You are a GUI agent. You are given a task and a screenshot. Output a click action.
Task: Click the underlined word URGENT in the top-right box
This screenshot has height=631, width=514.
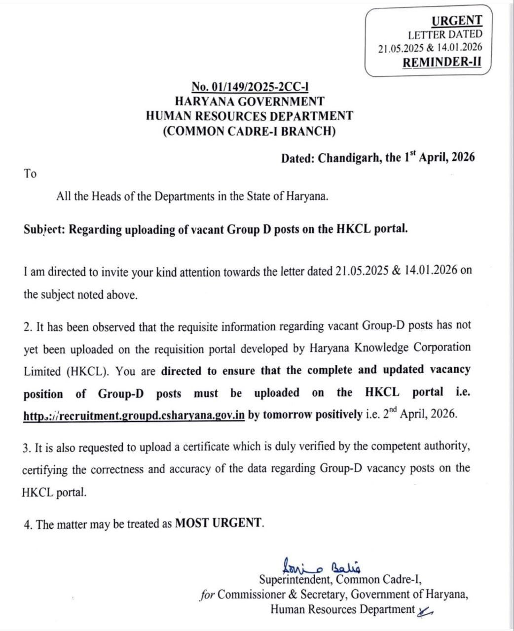[x=456, y=21]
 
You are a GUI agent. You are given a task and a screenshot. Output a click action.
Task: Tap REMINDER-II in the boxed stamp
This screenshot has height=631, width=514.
[x=441, y=63]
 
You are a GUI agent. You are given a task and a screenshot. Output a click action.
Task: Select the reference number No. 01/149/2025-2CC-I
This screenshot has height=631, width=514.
[x=250, y=87]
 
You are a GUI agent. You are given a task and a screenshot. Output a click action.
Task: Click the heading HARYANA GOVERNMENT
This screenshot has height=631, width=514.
[x=250, y=102]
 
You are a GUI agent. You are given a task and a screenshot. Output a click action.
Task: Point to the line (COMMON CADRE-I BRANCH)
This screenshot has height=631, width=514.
[x=250, y=131]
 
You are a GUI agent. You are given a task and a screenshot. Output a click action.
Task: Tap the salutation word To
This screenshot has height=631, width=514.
[x=30, y=174]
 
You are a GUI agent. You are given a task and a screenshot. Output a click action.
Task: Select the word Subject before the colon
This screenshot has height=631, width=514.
[x=41, y=230]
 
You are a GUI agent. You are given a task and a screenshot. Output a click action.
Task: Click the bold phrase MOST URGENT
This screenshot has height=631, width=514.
[x=219, y=523]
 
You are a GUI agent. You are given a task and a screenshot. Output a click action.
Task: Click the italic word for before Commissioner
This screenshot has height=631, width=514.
[x=207, y=595]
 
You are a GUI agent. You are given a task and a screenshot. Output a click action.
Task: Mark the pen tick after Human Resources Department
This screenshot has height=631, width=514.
[x=425, y=611]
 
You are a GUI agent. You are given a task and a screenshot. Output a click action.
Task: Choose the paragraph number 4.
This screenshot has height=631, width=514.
[x=28, y=524]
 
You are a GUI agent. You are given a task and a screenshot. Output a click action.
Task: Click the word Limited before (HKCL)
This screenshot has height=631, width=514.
[x=42, y=371]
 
